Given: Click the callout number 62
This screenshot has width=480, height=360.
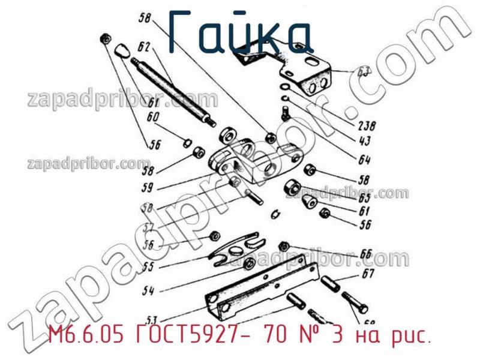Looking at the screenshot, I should pyautogui.click(x=142, y=46).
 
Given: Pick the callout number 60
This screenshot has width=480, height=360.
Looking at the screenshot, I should pyautogui.click(x=152, y=118).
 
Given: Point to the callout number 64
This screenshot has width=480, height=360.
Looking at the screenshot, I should pyautogui.click(x=362, y=160).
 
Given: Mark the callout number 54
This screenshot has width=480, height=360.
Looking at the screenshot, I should pyautogui.click(x=148, y=292).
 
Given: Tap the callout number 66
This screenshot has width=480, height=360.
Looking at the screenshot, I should pyautogui.click(x=365, y=254).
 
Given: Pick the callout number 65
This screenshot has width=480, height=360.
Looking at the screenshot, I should pyautogui.click(x=364, y=197).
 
